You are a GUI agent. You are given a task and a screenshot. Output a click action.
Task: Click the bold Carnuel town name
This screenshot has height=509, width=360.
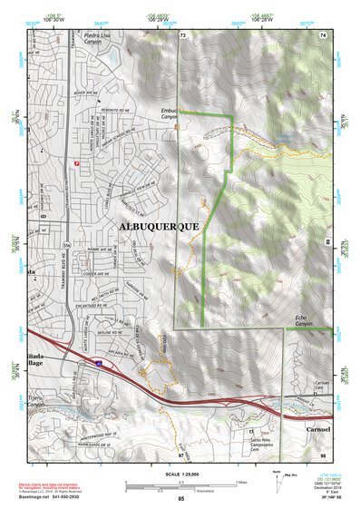323,427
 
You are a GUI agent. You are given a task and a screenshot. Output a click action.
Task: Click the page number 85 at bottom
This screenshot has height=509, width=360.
180,497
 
